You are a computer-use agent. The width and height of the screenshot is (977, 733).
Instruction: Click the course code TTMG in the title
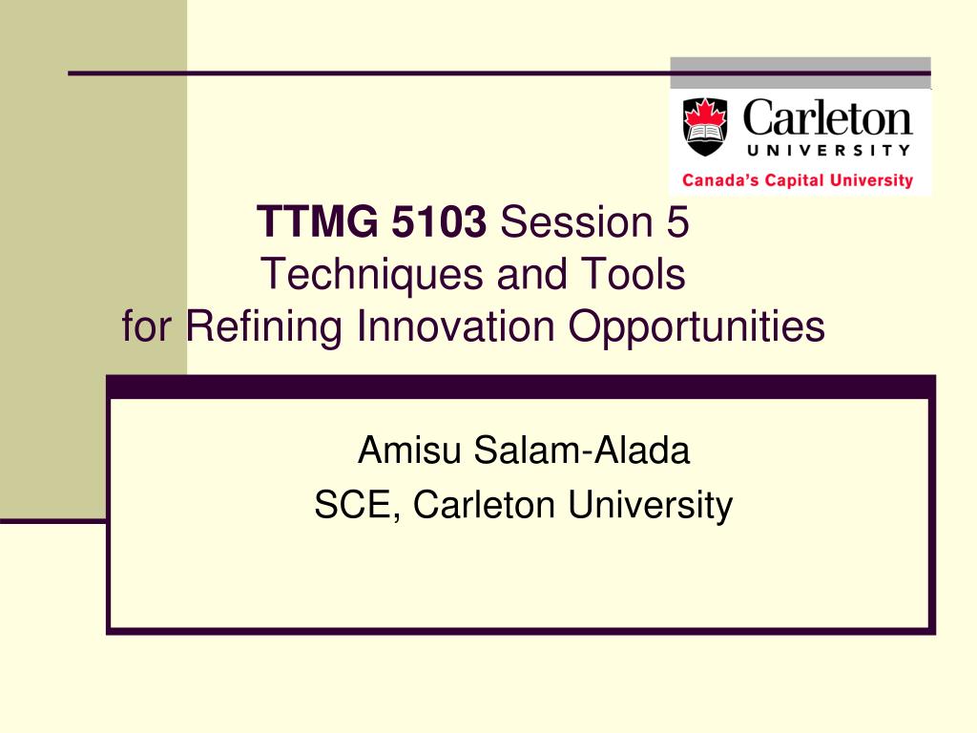[318, 221]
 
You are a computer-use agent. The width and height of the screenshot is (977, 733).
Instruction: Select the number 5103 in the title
[439, 221]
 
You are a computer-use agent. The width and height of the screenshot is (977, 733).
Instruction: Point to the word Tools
[634, 274]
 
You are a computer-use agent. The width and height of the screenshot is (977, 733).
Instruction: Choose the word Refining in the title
[264, 326]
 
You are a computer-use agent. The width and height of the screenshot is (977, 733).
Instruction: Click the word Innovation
[455, 325]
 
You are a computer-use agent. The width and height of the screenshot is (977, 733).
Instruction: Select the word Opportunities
[696, 327]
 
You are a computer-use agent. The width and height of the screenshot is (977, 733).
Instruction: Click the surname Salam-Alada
[581, 450]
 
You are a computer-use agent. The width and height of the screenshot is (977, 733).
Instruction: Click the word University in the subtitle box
[651, 506]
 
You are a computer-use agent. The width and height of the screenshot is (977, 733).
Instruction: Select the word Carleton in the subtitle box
[484, 505]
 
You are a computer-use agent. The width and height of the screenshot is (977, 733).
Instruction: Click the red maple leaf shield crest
[705, 127]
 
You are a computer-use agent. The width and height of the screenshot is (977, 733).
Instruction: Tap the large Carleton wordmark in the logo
[827, 117]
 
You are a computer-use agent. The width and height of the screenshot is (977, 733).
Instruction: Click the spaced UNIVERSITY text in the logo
[829, 150]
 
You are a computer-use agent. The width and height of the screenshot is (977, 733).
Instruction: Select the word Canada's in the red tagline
[720, 180]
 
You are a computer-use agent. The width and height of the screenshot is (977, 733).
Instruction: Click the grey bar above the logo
[800, 73]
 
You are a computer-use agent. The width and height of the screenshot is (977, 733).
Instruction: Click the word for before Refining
[146, 325]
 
